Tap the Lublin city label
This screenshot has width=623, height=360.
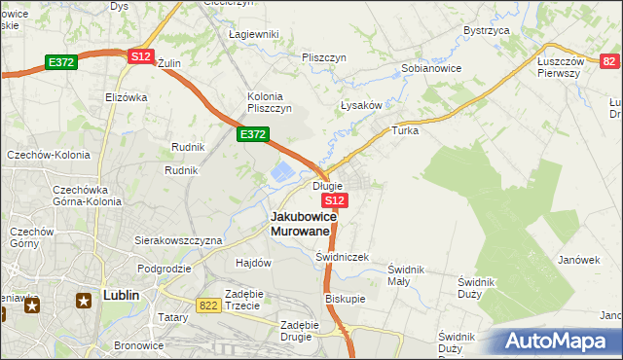122,295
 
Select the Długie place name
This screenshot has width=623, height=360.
327,186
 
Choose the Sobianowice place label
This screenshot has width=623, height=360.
431,69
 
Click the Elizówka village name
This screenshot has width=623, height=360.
126,97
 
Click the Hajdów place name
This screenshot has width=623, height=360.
252,263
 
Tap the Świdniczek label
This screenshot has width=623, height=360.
342,257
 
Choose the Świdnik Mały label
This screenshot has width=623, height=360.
413,274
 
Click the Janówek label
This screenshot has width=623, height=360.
578,260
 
